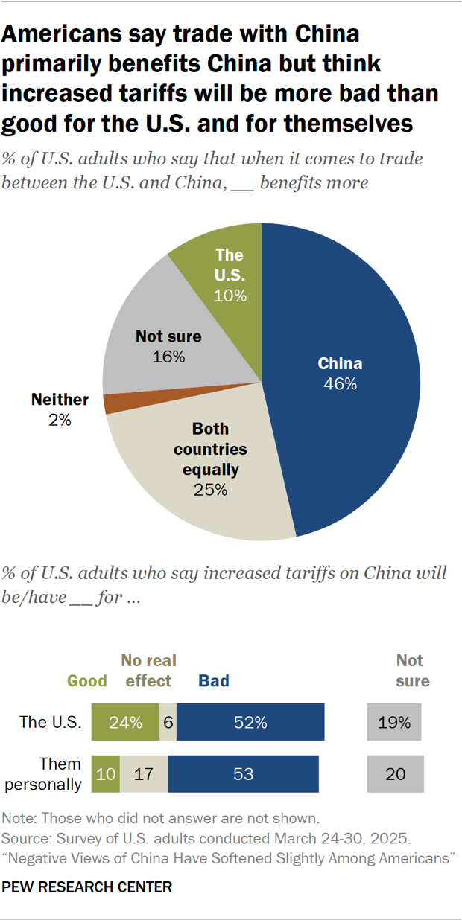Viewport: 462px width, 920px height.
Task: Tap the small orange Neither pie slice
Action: tap(113, 403)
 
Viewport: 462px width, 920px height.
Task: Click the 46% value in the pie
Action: tap(340, 384)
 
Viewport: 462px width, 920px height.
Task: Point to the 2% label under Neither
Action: tap(60, 420)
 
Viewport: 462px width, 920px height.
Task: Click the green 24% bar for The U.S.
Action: tap(125, 722)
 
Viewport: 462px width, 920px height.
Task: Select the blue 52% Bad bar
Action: tap(250, 722)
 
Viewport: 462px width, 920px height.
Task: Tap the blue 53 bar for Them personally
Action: tap(243, 774)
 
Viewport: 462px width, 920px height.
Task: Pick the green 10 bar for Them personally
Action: tap(105, 774)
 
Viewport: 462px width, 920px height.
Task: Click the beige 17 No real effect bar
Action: tap(144, 774)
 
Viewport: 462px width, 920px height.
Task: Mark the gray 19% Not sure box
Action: tap(394, 722)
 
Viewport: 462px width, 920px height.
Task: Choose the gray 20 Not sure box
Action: tap(395, 774)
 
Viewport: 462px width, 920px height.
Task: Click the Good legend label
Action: tap(87, 680)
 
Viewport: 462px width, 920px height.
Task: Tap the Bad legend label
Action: tap(214, 680)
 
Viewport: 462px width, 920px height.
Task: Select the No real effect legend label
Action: tap(147, 671)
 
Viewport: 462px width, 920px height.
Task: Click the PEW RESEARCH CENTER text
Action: tap(87, 887)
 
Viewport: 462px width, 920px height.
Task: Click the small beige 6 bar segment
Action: tap(168, 722)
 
